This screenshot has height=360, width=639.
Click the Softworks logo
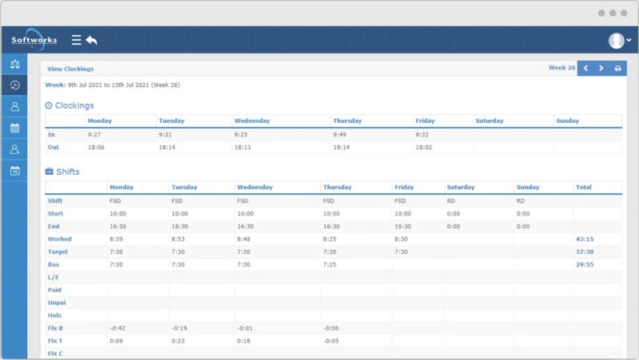[x=34, y=40]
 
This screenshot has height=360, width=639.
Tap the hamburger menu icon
[x=77, y=40]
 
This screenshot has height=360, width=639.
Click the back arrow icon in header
[x=92, y=40]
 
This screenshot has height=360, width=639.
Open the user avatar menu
[x=618, y=41]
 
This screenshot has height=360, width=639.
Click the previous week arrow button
[x=585, y=69]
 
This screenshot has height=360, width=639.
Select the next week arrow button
[x=601, y=69]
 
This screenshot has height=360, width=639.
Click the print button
[x=617, y=69]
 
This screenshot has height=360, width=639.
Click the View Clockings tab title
[x=70, y=69]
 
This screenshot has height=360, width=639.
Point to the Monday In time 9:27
[x=94, y=134]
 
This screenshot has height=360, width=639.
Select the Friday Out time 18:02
[x=423, y=147]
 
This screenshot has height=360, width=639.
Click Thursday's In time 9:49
[x=339, y=134]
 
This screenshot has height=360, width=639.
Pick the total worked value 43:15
[x=584, y=239]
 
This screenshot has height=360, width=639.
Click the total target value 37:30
[x=584, y=251]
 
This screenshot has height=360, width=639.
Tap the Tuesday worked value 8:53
[x=179, y=239]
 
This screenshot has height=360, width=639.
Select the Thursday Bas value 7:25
[x=330, y=264]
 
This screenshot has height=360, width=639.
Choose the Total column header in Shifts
[x=584, y=187]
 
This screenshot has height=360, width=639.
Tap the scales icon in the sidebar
[x=14, y=64]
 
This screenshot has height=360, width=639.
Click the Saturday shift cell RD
[x=451, y=201]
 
